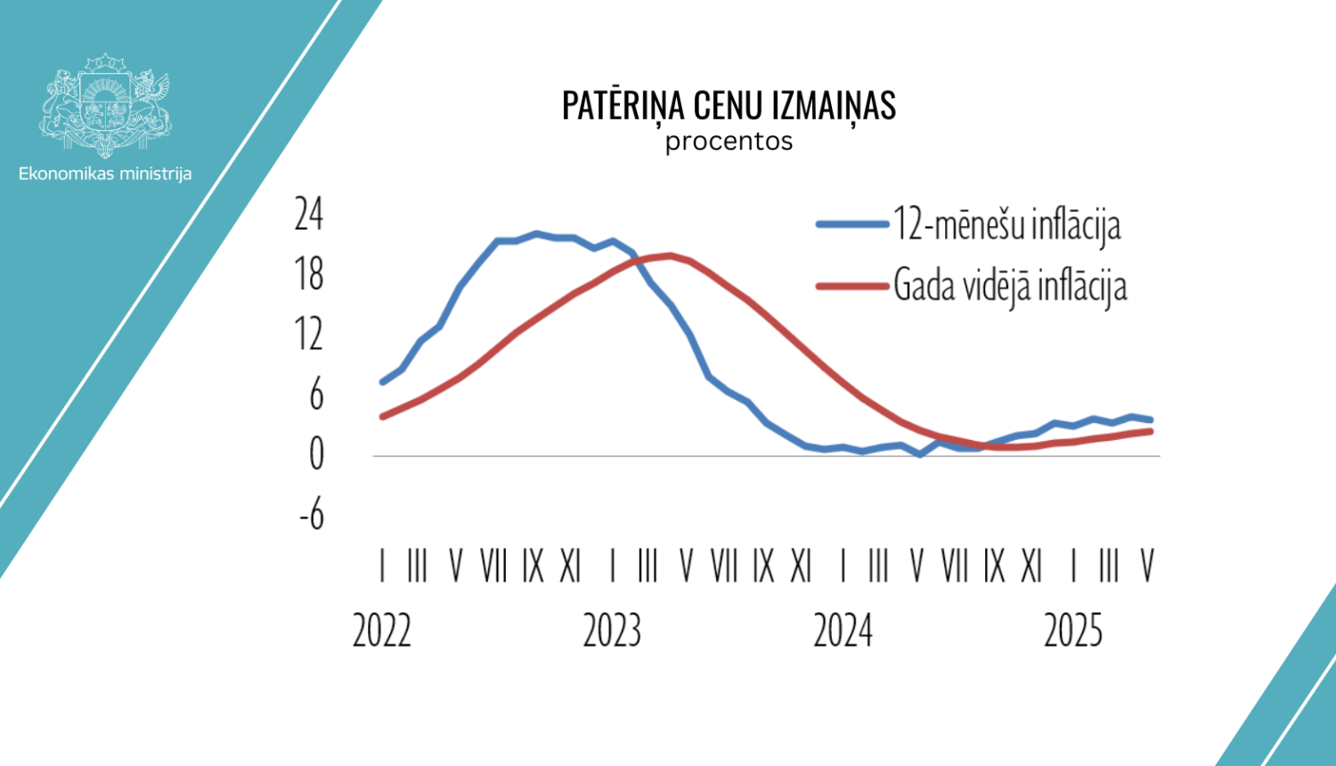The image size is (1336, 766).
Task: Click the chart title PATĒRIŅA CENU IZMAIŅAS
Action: pos(729,106)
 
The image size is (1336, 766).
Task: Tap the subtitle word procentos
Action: pos(729,142)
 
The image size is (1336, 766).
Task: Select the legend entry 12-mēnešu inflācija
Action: pos(1006,224)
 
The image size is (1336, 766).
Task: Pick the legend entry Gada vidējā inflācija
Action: pos(1010,286)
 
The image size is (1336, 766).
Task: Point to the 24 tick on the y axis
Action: pos(309,215)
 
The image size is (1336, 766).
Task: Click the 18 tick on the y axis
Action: pos(309,274)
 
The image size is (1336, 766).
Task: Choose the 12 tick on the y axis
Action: pos(309,335)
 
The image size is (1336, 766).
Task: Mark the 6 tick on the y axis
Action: pos(316,395)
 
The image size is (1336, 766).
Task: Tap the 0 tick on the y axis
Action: pos(316,455)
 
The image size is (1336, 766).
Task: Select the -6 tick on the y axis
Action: pos(312,515)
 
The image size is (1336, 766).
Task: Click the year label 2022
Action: pos(382,631)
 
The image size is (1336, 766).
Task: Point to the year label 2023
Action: pos(613,631)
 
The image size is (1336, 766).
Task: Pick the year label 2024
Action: pos(843,631)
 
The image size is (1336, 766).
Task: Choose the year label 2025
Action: pos(1073,631)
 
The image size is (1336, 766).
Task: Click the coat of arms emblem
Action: pos(105,104)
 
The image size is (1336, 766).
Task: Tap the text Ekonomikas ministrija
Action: pos(105,174)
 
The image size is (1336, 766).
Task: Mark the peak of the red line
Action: pos(669,256)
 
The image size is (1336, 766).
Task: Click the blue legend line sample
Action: pos(852,224)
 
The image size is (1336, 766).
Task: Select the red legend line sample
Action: pos(852,286)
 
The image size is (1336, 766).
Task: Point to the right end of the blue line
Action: pos(1151,420)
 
